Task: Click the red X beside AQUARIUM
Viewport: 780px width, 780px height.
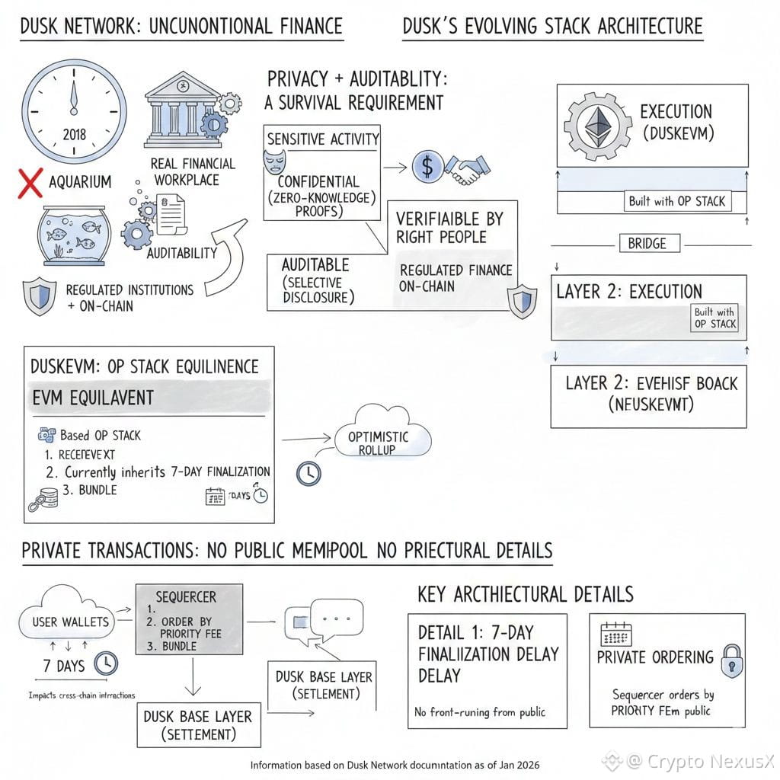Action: point(30,184)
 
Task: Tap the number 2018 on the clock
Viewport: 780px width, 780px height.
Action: point(74,135)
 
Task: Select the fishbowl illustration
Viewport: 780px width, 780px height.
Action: point(70,235)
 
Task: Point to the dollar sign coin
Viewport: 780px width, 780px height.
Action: point(427,165)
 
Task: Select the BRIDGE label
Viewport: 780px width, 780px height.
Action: point(647,244)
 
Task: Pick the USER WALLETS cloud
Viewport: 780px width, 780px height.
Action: point(70,622)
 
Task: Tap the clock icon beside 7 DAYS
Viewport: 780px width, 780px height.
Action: point(105,665)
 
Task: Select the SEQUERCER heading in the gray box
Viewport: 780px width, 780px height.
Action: point(186,596)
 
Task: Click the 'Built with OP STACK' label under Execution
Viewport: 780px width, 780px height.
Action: point(676,202)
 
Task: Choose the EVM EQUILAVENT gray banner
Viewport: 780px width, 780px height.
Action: point(149,398)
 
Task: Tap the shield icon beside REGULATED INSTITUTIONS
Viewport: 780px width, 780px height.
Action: point(40,296)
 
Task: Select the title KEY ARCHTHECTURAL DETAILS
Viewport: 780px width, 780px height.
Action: point(525,594)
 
